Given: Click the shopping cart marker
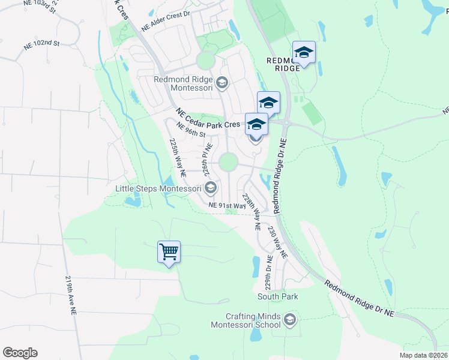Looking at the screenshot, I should click(169, 252).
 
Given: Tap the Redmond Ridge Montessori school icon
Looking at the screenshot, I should click(222, 83).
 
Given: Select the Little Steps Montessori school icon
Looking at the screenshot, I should click(210, 189).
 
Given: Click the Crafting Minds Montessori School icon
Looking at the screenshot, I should click(291, 319).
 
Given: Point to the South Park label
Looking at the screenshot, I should click(278, 296).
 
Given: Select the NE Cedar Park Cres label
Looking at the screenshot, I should click(208, 118).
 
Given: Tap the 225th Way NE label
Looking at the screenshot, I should click(177, 157).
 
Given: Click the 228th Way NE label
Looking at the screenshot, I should click(251, 212).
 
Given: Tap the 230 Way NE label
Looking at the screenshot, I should click(277, 241).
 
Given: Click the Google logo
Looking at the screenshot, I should click(20, 353).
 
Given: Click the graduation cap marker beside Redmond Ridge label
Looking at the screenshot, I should click(304, 53).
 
